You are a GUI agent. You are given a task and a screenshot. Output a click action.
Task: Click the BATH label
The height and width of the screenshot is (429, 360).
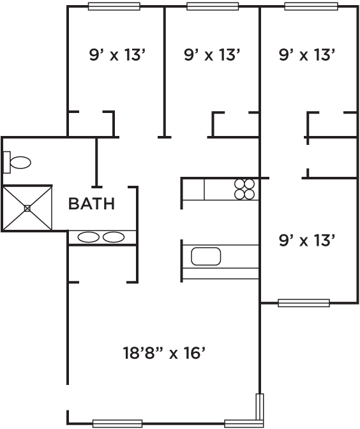(91, 204)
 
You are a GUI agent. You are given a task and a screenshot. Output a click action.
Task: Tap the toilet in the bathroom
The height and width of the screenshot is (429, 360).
(17, 163)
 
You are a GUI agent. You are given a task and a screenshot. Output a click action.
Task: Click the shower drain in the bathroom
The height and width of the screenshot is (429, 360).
(27, 209)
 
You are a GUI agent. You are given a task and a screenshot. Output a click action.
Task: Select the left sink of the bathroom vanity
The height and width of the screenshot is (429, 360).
(88, 237)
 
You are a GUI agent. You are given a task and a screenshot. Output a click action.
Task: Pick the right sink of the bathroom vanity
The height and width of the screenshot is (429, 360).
(114, 237)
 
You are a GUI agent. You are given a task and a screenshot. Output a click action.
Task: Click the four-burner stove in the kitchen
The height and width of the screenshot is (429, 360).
(244, 190)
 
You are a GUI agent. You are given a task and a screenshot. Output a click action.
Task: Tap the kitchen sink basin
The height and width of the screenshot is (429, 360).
(206, 257)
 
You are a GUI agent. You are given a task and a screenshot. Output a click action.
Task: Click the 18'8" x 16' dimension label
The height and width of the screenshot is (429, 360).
(164, 353)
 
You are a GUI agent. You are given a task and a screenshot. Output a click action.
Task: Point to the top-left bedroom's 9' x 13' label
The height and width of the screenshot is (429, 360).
(117, 55)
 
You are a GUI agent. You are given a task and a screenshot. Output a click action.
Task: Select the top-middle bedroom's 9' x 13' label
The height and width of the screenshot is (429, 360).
(212, 55)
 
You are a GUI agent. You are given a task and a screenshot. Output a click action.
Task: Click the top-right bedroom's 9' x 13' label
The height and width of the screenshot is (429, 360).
(307, 55)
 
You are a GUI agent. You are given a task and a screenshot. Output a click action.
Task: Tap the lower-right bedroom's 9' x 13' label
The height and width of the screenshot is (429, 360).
(307, 241)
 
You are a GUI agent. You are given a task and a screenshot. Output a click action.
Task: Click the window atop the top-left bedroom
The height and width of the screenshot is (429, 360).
(114, 6)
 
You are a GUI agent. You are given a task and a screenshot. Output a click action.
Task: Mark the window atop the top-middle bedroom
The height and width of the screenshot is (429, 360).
(213, 6)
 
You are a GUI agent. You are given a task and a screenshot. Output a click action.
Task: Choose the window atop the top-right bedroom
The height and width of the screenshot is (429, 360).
(311, 6)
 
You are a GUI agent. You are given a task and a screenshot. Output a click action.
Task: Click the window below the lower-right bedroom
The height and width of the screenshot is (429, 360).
(304, 303)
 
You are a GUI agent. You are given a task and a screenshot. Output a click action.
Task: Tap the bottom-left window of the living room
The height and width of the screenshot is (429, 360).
(117, 423)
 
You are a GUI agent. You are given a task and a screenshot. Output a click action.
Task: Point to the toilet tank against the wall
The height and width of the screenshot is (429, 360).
(6, 162)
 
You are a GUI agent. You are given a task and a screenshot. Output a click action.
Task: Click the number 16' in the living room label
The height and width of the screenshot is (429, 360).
(195, 353)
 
